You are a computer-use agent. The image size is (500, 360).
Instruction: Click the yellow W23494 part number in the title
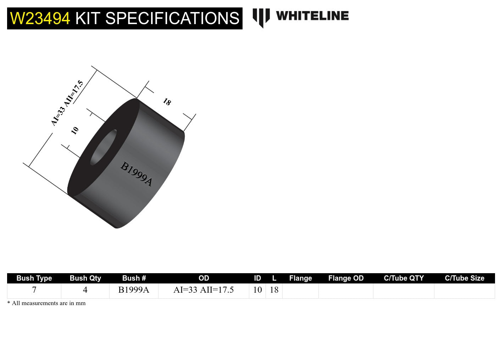tap(40, 18)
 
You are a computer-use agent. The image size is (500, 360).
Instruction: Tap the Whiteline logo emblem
tap(261, 17)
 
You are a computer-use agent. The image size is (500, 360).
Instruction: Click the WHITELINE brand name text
tap(312, 16)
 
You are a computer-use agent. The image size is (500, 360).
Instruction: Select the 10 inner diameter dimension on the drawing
tap(75, 130)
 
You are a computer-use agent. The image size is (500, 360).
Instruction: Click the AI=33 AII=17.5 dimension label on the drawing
tap(67, 103)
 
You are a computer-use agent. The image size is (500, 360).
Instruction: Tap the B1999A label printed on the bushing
tap(137, 174)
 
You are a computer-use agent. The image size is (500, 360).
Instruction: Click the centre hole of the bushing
tap(104, 147)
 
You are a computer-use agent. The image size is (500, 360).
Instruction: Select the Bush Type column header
tap(34, 278)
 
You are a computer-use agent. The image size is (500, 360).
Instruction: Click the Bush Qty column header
tap(85, 278)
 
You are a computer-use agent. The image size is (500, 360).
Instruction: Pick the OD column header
tap(204, 278)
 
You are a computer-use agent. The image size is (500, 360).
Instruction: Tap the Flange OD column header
tap(346, 278)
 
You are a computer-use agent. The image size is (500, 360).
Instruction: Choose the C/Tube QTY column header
tap(404, 278)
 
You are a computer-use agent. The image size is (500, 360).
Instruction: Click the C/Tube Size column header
tap(464, 278)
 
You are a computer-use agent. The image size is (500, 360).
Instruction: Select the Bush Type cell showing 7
tap(34, 290)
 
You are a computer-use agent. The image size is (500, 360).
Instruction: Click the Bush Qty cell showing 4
tap(85, 290)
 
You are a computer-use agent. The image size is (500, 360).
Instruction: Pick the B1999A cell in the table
tap(134, 290)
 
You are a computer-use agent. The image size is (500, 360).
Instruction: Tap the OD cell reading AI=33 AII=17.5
tap(204, 290)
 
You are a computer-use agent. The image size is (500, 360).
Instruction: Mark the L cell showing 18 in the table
tap(274, 290)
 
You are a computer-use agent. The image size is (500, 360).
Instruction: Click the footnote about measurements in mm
tap(46, 303)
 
